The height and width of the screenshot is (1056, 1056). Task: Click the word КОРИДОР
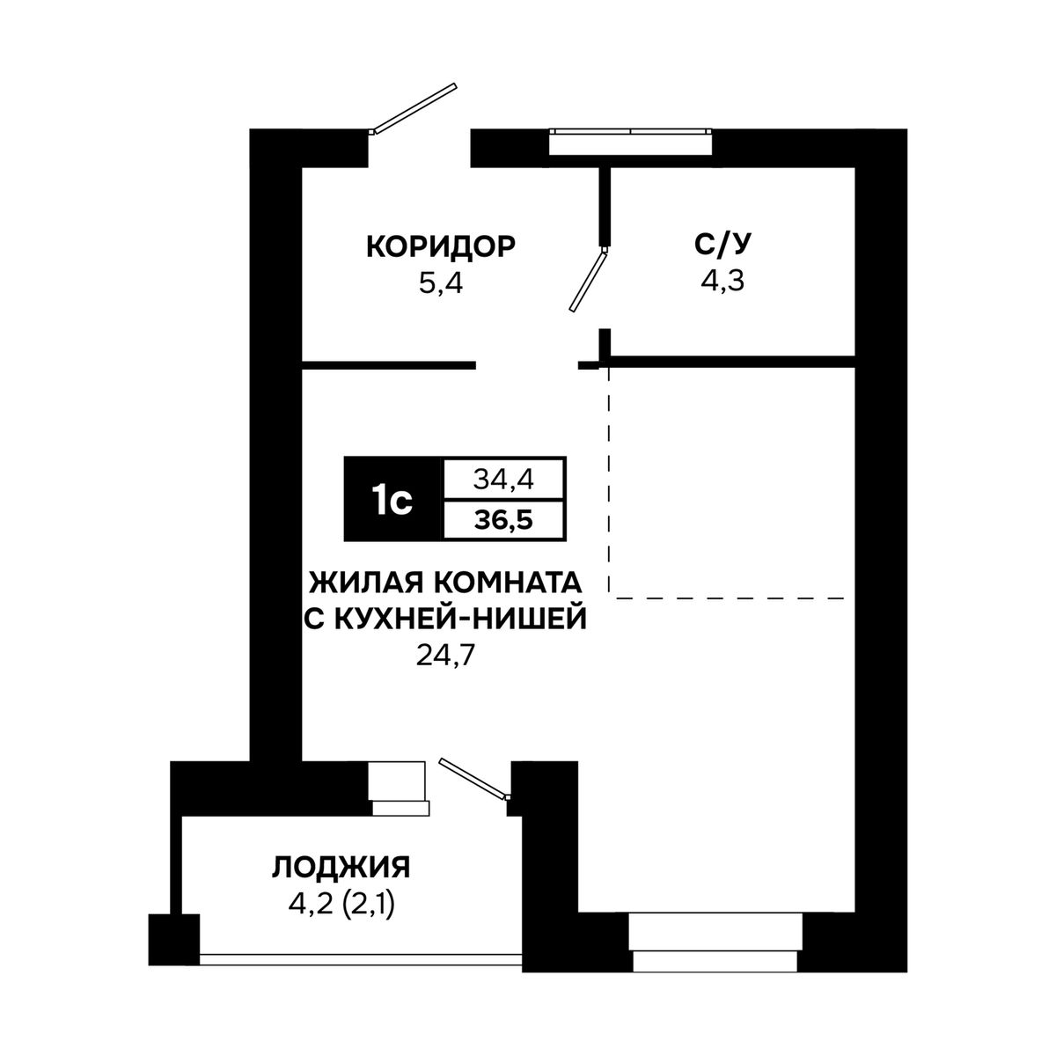[x=441, y=246]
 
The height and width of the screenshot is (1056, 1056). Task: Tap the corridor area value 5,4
[x=441, y=284]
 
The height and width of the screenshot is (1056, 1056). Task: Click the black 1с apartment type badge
[x=392, y=499]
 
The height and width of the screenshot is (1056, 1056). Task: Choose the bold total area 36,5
[x=503, y=520]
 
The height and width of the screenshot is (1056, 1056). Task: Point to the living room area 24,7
[x=444, y=655]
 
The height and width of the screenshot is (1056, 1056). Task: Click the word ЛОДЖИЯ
[x=341, y=869]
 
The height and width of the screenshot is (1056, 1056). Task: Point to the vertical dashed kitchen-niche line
[x=609, y=480]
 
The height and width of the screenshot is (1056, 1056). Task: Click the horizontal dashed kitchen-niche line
[x=728, y=598]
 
